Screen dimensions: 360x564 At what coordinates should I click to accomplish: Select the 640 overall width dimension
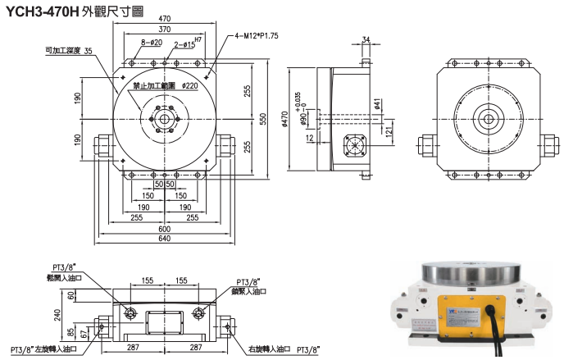click(164, 239)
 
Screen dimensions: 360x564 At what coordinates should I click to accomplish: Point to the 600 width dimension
click(164, 228)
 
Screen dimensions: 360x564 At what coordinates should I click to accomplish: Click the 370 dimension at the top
click(165, 29)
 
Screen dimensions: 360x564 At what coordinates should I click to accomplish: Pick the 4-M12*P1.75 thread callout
click(256, 36)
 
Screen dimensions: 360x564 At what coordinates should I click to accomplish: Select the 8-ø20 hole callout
click(152, 42)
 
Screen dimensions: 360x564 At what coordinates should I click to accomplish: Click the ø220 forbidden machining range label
click(190, 85)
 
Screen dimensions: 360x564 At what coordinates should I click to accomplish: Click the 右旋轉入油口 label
click(266, 349)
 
